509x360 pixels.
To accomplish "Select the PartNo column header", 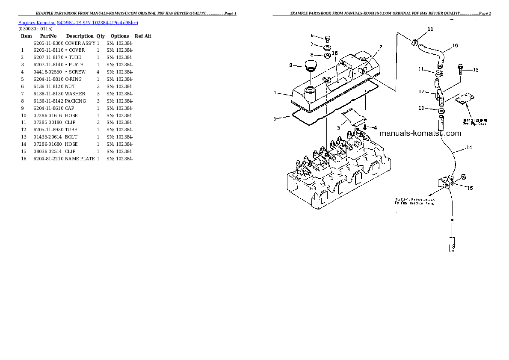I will coord(48,36).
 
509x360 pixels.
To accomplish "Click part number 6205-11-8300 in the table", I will coord(48,43).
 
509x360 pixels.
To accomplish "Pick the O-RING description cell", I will coord(74,79).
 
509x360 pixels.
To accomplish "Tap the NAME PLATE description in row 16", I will coord(80,159).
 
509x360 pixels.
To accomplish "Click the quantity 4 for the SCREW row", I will coord(98,72).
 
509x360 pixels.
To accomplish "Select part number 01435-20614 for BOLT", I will coord(48,137).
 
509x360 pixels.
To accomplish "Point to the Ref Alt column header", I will coord(143,36).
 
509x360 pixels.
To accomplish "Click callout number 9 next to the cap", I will coord(290,65).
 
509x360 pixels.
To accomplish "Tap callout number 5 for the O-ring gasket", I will coord(275,119).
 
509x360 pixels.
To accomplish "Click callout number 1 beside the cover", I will coord(275,92).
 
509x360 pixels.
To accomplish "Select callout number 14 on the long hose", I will coord(469,148).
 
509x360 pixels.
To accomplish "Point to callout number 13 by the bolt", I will coord(475,70).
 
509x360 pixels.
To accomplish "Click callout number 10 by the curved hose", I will coord(455,45).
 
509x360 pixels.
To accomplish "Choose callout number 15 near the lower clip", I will coord(470,188).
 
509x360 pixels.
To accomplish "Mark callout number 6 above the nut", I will coord(312,35).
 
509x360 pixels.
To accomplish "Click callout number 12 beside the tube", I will coord(421,91).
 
